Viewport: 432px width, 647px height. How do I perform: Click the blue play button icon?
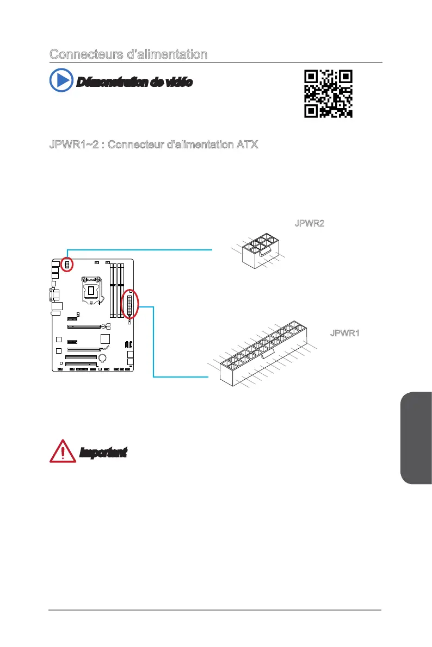coord(61,80)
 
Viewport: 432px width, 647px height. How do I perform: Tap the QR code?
coord(328,93)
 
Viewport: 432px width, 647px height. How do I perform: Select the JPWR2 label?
coord(309,224)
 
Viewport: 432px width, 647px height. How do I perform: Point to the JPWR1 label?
coord(345,333)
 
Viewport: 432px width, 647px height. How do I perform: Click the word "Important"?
coord(103,452)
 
